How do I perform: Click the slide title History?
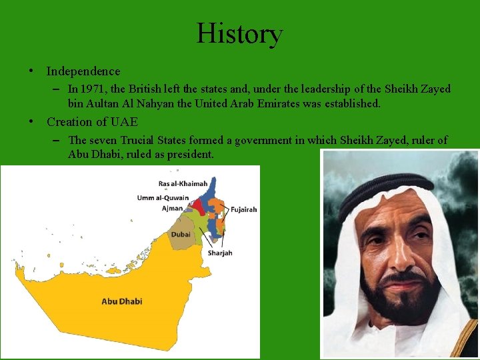point(239,33)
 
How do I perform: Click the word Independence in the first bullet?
point(83,71)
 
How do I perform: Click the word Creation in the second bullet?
point(71,122)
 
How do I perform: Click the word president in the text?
point(190,155)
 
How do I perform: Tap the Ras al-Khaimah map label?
point(183,183)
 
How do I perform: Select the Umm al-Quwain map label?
point(163,198)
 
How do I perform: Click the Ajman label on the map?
point(172,209)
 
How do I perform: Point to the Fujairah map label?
point(243,209)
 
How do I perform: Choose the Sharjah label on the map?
point(220,253)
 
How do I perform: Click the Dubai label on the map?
point(180,235)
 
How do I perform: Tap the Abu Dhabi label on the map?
point(121,301)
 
